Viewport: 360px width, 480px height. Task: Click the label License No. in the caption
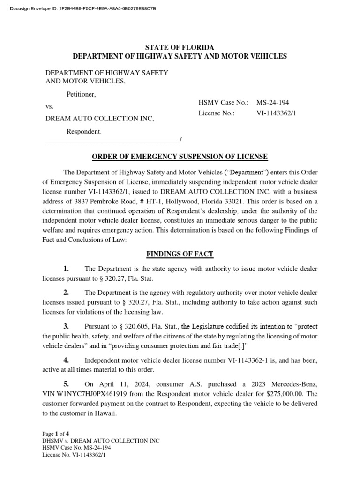(x=216, y=113)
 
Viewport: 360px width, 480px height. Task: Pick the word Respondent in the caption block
(x=83, y=132)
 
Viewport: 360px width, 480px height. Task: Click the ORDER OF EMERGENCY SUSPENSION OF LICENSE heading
(x=180, y=157)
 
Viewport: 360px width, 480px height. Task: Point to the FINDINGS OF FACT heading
(x=180, y=254)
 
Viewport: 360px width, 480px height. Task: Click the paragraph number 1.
(x=66, y=269)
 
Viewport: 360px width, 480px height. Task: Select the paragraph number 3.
(x=66, y=326)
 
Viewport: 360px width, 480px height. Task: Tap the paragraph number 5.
(x=66, y=383)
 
